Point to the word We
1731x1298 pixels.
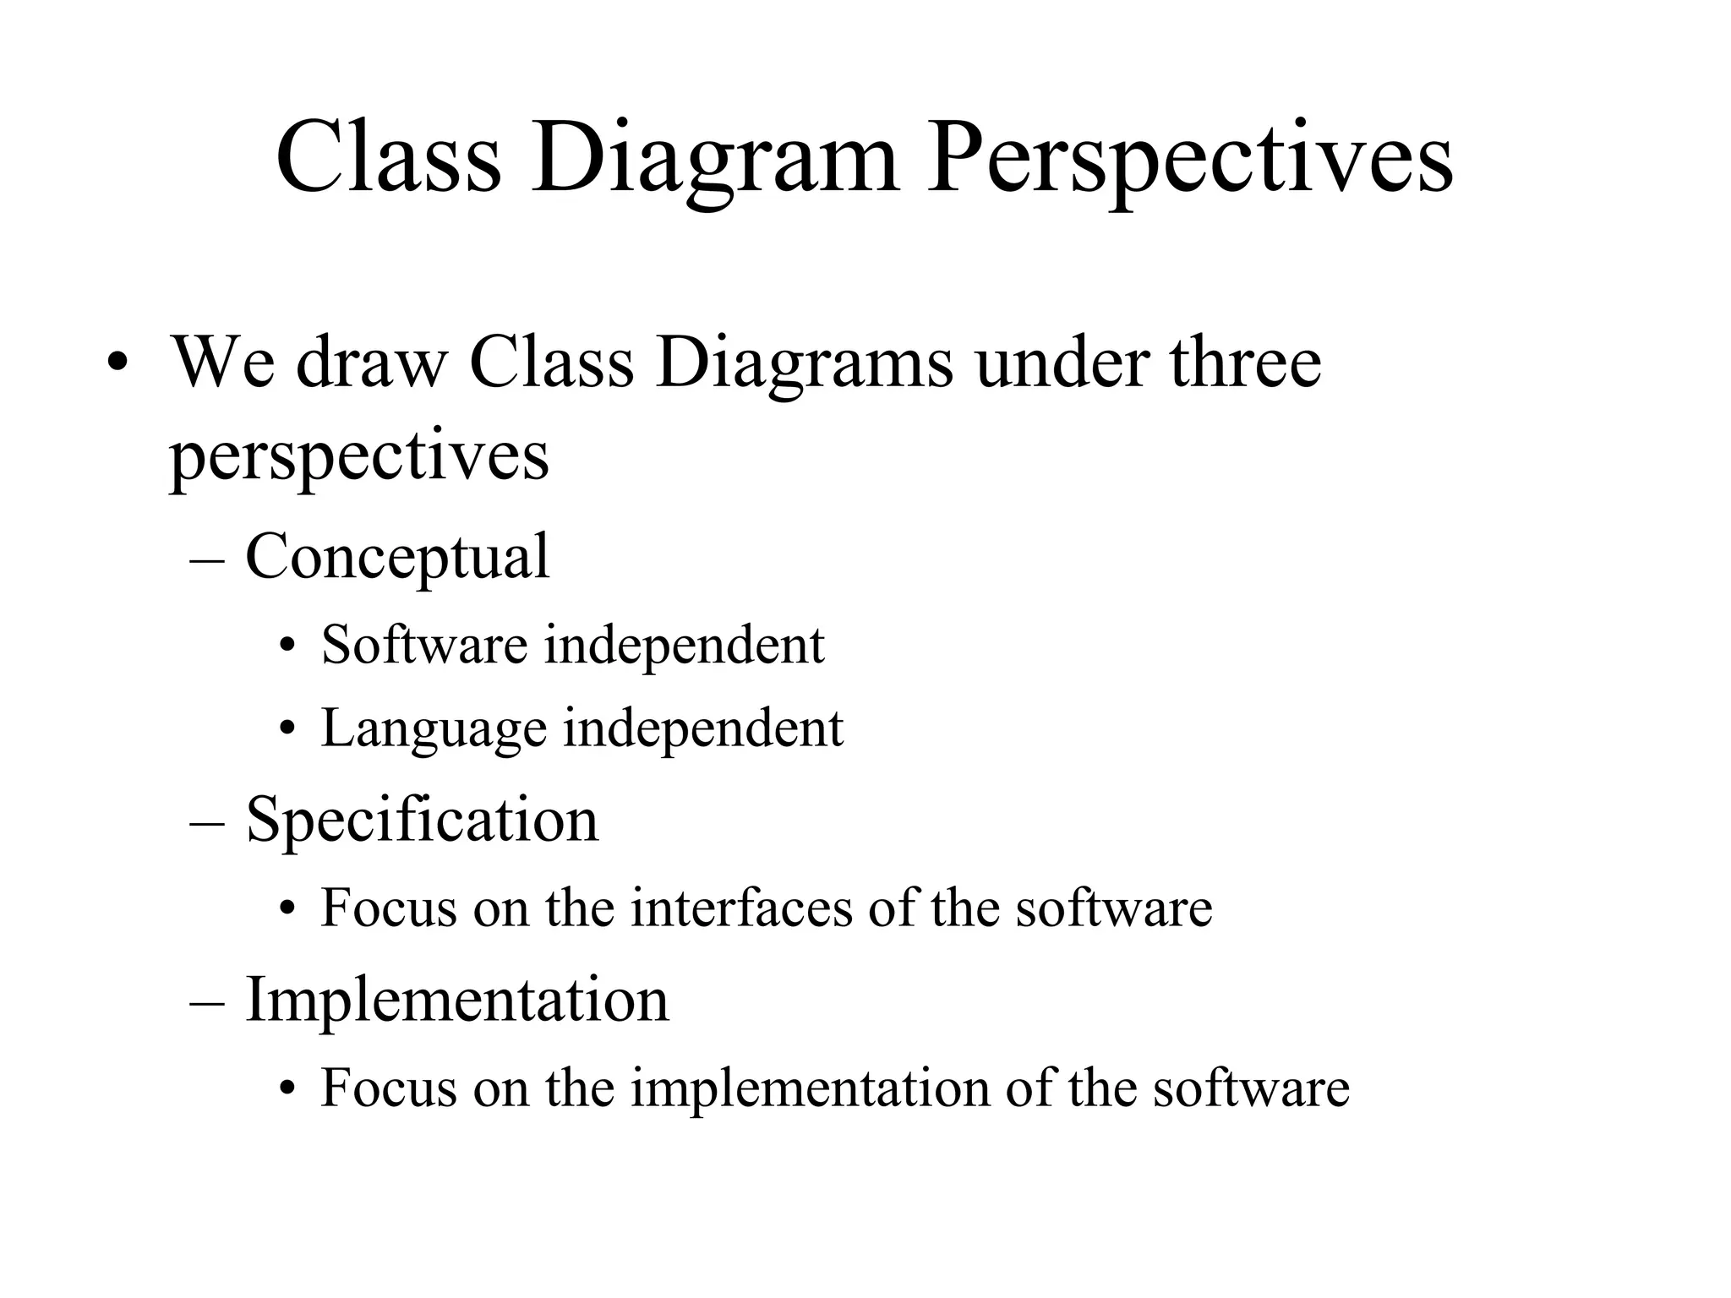(x=224, y=363)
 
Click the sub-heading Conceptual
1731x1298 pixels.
(x=397, y=558)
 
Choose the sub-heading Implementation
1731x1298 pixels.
(x=456, y=1000)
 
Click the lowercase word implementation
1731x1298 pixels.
(x=810, y=1088)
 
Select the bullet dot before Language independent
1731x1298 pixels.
(x=288, y=728)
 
